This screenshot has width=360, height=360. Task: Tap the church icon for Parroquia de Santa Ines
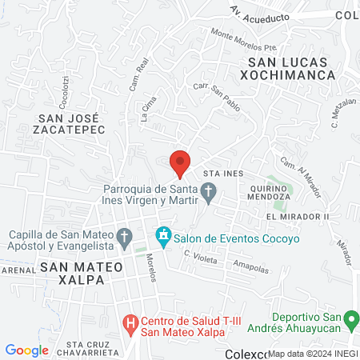tap(209, 194)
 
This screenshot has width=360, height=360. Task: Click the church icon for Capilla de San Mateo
tap(124, 237)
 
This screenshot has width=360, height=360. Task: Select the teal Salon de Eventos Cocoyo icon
tap(164, 237)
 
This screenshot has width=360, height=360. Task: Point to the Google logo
tap(27, 350)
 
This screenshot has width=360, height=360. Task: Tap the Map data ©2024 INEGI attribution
tap(313, 353)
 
